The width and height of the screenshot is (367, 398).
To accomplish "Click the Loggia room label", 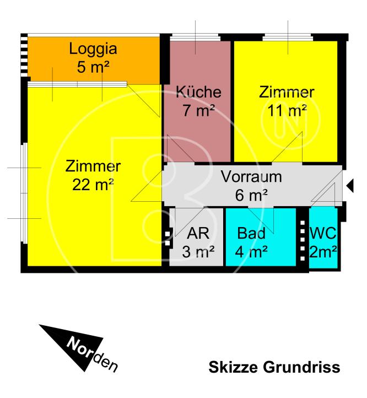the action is (93, 49).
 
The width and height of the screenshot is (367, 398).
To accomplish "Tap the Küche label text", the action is (198, 92).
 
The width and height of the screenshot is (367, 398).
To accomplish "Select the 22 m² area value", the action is (93, 185).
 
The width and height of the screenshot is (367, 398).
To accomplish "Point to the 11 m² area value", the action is (287, 111).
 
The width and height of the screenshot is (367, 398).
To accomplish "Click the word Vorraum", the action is (251, 176).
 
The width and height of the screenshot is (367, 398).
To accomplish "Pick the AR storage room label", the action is (198, 233).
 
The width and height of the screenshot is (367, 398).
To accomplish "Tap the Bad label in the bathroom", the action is (251, 233).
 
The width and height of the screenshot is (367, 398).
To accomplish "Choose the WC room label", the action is (323, 233).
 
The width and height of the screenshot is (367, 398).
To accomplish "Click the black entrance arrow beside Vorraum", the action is (350, 186).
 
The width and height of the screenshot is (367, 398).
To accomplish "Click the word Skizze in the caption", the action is (234, 367).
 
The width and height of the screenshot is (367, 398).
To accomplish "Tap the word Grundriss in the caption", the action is (301, 367).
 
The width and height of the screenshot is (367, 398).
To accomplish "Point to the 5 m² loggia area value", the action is (93, 67).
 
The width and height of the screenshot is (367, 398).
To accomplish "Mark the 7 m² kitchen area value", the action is (199, 110).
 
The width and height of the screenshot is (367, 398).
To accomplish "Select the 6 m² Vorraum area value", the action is (251, 195).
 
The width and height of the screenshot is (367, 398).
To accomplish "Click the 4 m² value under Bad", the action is (251, 252).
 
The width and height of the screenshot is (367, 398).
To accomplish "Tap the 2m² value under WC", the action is (323, 252).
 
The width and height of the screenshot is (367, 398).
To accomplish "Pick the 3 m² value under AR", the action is (198, 252).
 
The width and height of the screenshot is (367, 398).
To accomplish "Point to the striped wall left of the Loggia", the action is (24, 56).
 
